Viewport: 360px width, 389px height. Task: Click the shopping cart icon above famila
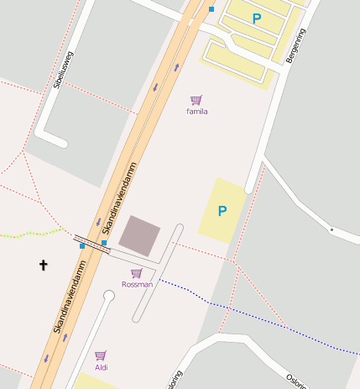(196, 100)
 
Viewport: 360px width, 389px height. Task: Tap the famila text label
(197, 111)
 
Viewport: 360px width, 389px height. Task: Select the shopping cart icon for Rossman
(136, 273)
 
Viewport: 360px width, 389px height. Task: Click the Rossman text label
(137, 284)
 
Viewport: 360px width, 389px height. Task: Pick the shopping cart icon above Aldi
(101, 355)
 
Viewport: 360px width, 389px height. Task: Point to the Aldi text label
(102, 367)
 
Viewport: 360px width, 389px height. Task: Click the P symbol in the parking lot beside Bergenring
(257, 18)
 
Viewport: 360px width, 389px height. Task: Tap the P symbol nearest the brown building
(222, 211)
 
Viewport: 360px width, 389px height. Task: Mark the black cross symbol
(44, 265)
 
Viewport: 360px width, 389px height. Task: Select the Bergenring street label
(296, 50)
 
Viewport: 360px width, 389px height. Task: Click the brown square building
(139, 235)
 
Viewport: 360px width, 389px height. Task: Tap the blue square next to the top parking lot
(211, 9)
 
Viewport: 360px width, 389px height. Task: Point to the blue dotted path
(252, 315)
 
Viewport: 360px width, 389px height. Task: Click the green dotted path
(34, 233)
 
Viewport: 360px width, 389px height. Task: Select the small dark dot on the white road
(331, 229)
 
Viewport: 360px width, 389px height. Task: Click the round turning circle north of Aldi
(108, 295)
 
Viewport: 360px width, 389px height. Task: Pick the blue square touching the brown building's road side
(104, 243)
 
